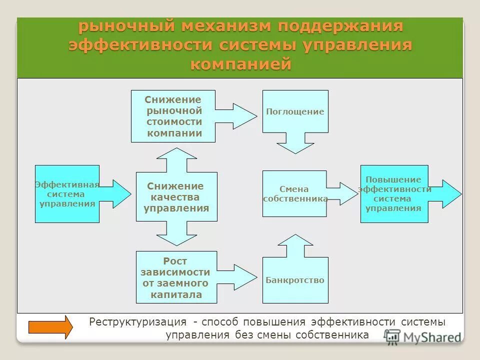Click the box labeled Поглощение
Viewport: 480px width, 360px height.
[x=295, y=111]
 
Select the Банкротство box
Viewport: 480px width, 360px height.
[x=295, y=280]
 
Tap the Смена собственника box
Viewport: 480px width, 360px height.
[x=294, y=193]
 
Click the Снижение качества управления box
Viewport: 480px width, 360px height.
[x=176, y=196]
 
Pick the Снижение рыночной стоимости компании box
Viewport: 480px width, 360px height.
[x=173, y=116]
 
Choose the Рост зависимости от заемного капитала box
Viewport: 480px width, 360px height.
[x=176, y=277]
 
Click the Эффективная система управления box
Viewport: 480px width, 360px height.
[x=67, y=193]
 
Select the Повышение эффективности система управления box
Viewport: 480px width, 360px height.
[x=394, y=193]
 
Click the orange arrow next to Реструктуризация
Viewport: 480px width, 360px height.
[x=50, y=327]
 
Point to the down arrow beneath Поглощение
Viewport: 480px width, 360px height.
[x=295, y=143]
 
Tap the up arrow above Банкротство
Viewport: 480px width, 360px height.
[x=295, y=245]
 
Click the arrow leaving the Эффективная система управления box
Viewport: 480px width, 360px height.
[x=115, y=193]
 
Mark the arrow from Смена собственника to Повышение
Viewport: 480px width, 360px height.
[x=343, y=193]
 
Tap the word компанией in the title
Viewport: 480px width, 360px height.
[x=240, y=64]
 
